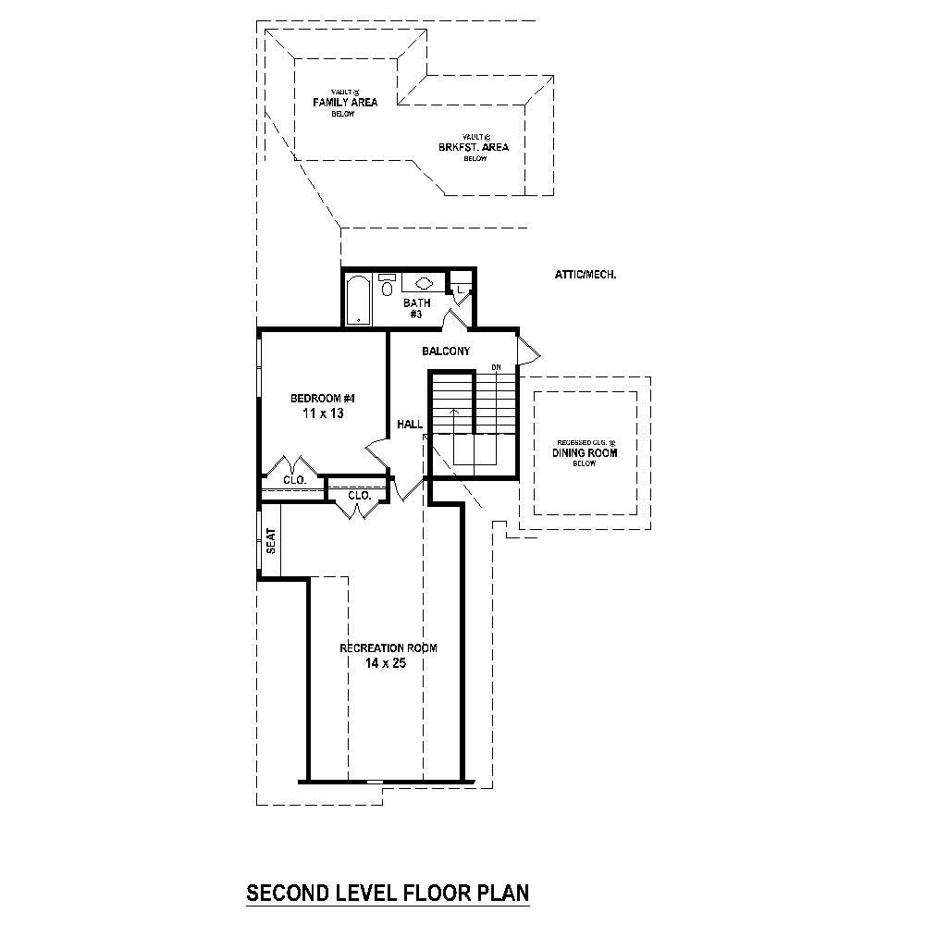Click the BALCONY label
446,351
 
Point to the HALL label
410,425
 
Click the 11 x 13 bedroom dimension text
323,414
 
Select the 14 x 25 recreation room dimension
387,663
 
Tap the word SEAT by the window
271,540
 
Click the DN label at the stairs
496,368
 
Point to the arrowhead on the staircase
453,409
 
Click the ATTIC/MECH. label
585,275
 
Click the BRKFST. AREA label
474,147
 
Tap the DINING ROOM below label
585,453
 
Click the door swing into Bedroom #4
377,453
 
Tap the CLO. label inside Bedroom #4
294,480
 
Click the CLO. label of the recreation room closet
359,496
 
